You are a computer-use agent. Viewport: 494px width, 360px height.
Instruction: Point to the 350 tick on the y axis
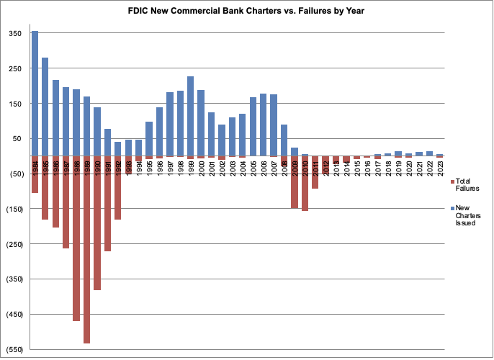point(14,33)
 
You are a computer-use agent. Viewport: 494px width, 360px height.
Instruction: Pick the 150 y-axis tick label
point(14,104)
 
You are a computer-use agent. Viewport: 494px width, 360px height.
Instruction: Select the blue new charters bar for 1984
point(35,94)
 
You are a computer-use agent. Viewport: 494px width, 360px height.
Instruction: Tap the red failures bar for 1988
point(76,238)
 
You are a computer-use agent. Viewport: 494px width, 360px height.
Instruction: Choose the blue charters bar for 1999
point(190,115)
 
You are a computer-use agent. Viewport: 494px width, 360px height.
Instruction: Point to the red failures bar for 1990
point(97,223)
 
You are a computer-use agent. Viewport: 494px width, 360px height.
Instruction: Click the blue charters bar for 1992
point(118,148)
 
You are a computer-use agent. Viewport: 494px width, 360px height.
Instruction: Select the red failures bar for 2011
point(315,173)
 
